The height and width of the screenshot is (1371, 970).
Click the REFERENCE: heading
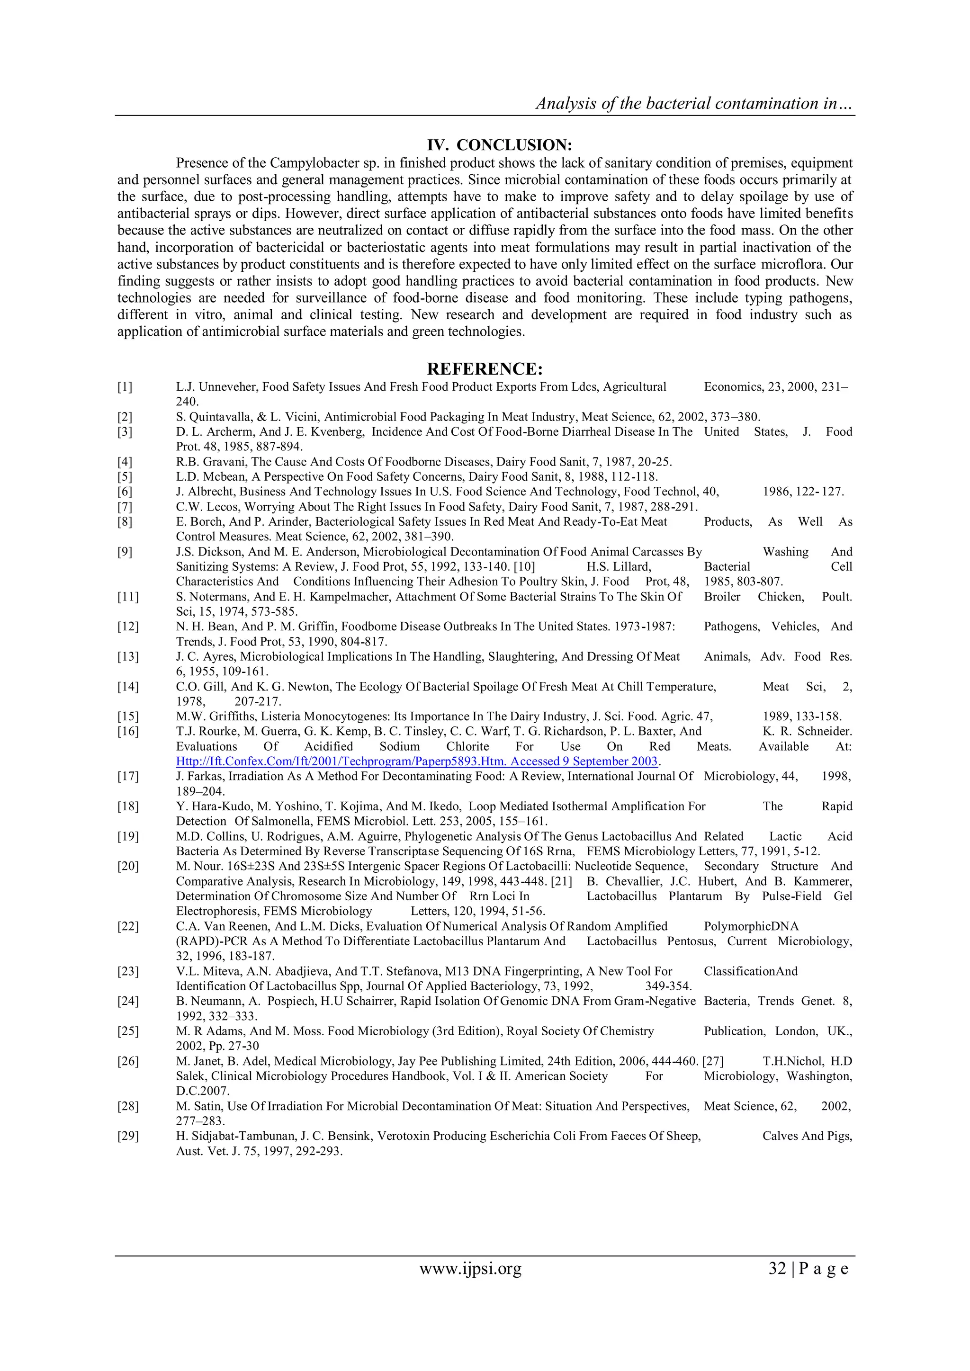485,368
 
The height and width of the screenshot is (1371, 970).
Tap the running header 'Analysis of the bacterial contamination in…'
695,104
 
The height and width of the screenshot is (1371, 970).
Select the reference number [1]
125,387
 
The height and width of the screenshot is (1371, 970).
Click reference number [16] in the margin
128,732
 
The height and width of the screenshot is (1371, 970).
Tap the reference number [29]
128,1136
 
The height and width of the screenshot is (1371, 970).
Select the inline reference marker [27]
713,1061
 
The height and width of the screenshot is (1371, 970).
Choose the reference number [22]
128,926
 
